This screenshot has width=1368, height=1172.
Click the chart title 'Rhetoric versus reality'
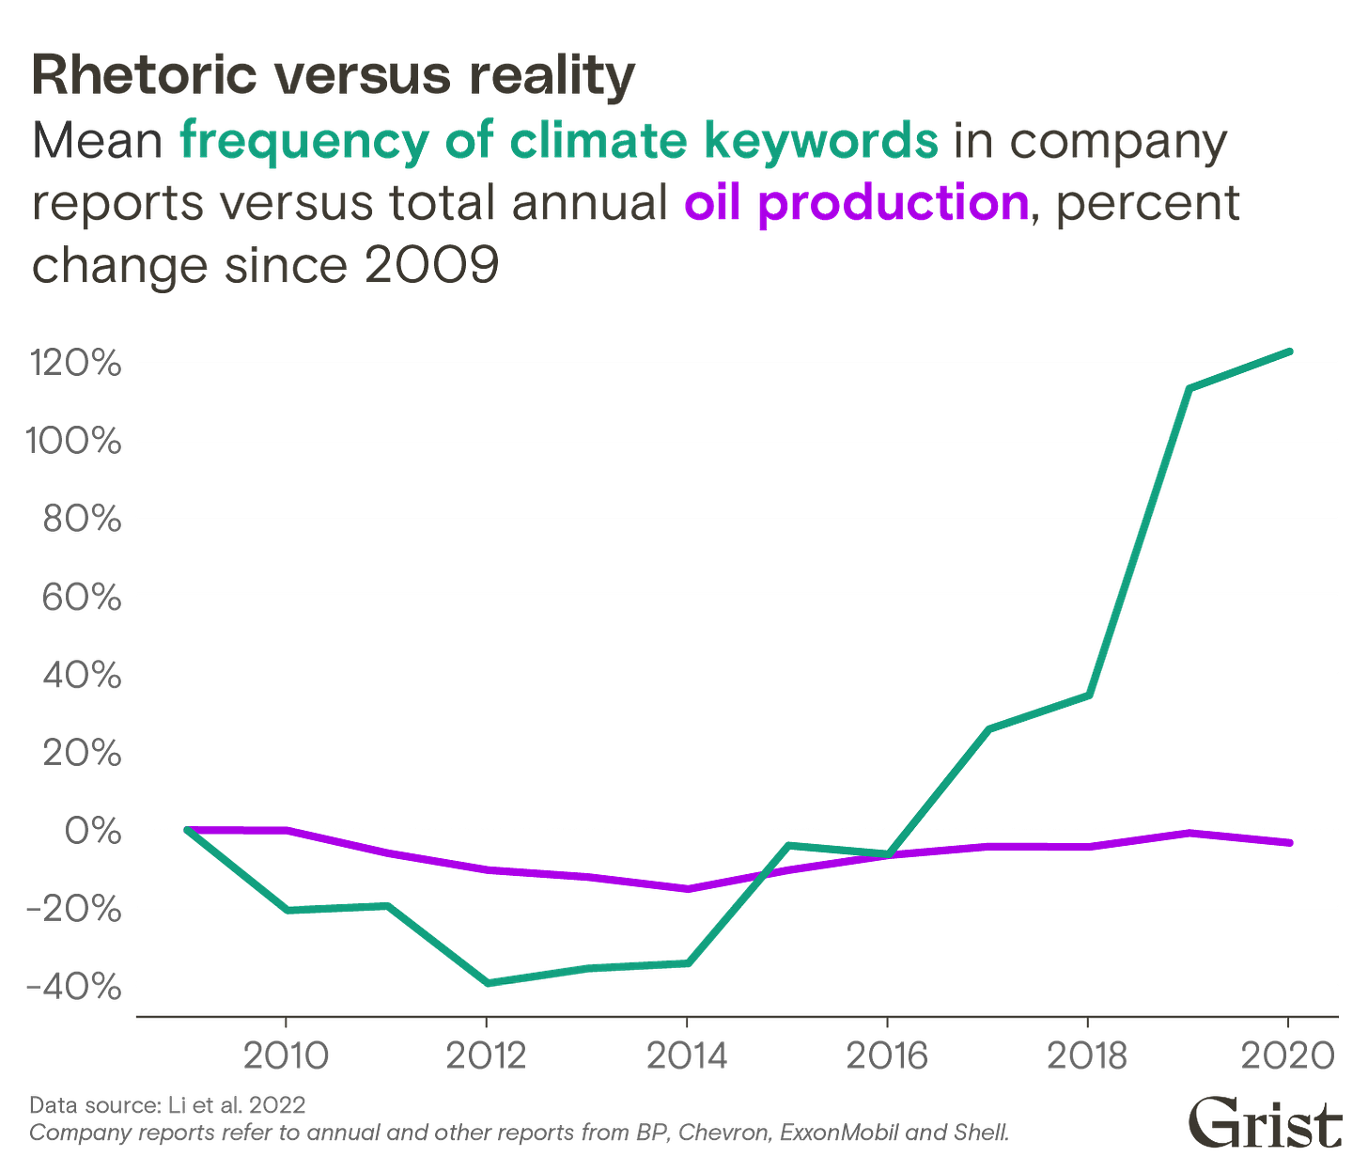coord(334,75)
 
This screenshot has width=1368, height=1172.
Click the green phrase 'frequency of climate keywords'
coord(558,141)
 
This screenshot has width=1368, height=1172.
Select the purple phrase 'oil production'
coord(856,204)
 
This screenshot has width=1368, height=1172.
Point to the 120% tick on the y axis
coord(76,363)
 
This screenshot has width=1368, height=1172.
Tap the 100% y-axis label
coord(75,441)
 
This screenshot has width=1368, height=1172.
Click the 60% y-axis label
coord(81,597)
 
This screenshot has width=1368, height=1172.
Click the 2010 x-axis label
coord(286,1055)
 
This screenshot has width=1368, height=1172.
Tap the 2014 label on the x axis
coord(687,1055)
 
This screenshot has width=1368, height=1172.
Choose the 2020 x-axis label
coord(1288,1055)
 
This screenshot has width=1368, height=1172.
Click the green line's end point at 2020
coord(1289,351)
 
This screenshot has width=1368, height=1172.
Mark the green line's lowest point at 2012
coord(487,983)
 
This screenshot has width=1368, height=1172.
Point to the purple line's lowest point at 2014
coord(688,889)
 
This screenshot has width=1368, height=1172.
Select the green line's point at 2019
coord(1189,388)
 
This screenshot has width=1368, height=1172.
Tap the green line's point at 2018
coord(1088,695)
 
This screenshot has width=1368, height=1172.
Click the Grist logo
coord(1264,1122)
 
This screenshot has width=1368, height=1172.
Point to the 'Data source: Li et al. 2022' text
coord(168,1103)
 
